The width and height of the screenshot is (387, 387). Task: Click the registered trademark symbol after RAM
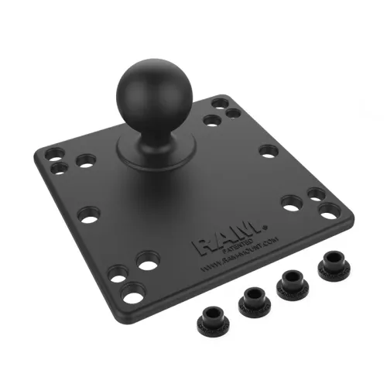click(x=265, y=227)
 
